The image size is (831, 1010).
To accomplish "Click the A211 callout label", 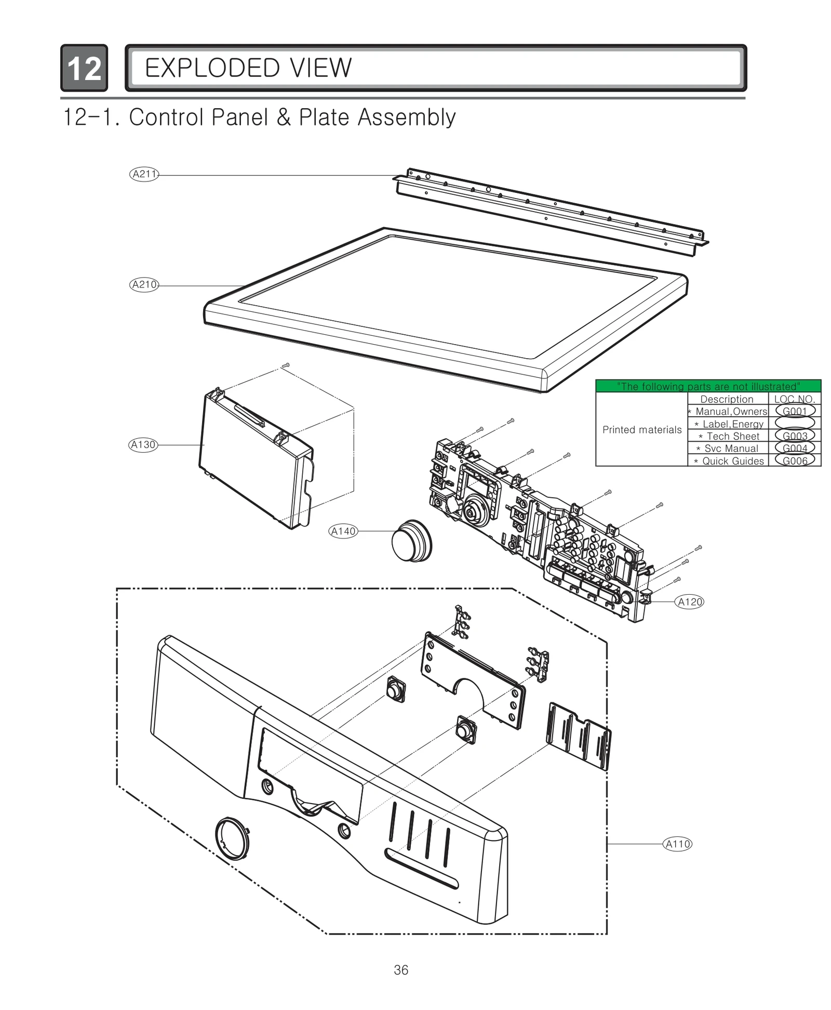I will tap(144, 174).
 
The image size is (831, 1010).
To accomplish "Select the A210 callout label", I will tap(144, 285).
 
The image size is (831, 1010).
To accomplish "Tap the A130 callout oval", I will tap(143, 445).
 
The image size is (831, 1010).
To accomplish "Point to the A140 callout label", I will tap(343, 531).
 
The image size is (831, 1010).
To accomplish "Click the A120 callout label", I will tap(690, 602).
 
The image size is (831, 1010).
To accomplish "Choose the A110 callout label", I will tap(678, 844).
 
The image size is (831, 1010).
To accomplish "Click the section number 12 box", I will tap(84, 68).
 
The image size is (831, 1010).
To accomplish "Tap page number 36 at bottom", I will tap(401, 970).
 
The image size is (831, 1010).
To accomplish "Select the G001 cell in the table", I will tap(795, 411).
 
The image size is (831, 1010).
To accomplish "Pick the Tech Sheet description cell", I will tap(728, 436).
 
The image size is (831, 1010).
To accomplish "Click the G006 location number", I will tap(795, 461).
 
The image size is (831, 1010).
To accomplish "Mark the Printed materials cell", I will tap(641, 430).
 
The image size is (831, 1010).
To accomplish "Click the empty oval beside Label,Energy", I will tap(795, 424).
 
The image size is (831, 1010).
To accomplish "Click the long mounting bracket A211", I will tap(551, 211).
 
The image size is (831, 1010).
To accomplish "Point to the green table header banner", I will tap(708, 386).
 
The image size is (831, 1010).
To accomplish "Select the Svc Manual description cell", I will tap(728, 449).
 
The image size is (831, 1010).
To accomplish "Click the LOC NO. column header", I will tap(795, 399).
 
